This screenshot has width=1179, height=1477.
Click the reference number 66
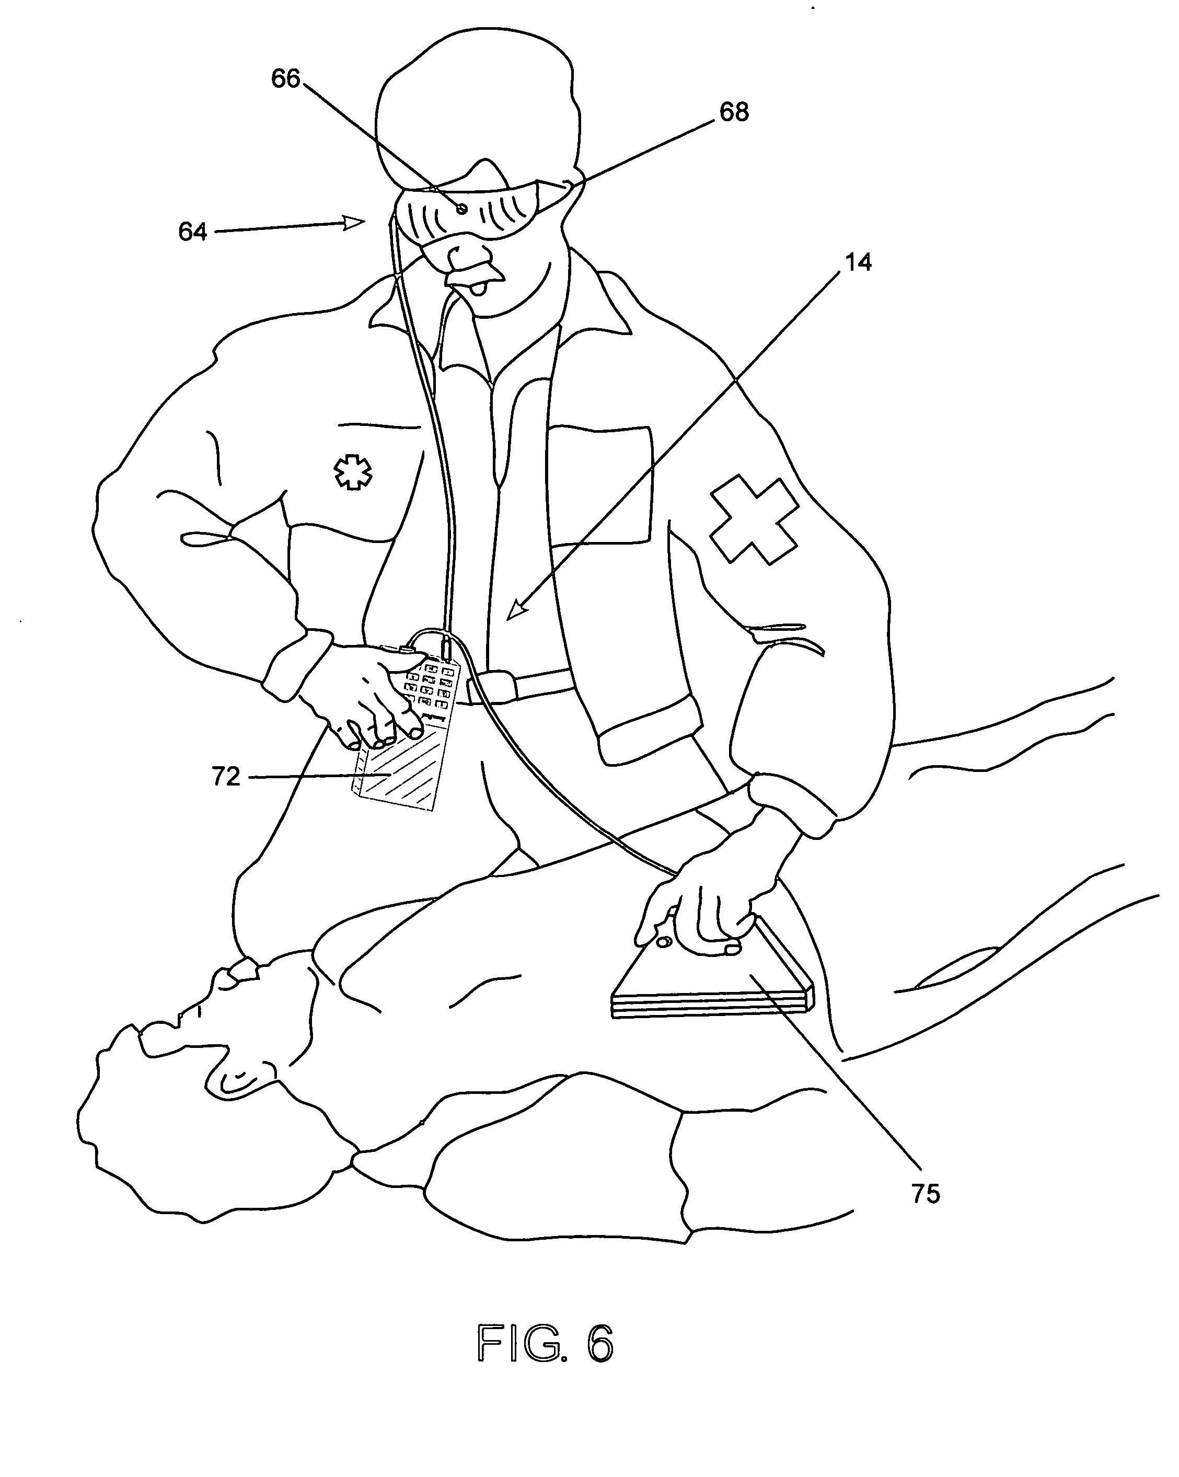[286, 79]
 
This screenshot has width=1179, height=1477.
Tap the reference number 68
[734, 112]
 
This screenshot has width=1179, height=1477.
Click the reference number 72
[226, 777]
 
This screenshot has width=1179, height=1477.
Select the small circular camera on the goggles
[463, 208]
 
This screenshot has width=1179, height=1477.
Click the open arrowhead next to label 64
[355, 222]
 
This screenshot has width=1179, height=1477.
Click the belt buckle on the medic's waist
[502, 686]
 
